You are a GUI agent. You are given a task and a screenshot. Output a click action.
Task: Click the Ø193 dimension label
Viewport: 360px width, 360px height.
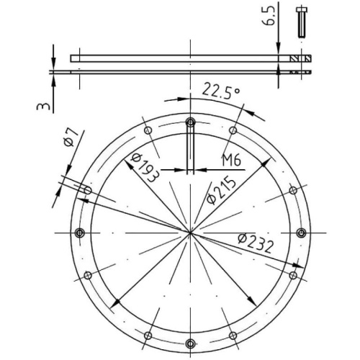pyautogui.click(x=145, y=168)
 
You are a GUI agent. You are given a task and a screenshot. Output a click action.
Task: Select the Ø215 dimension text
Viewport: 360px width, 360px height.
pyautogui.click(x=221, y=190)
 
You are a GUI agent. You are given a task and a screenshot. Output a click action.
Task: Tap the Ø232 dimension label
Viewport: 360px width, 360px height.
pyautogui.click(x=256, y=243)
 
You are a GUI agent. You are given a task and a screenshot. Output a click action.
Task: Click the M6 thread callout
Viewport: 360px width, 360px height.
pyautogui.click(x=231, y=160)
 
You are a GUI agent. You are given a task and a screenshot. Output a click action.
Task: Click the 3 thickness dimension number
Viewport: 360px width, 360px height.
pyautogui.click(x=43, y=106)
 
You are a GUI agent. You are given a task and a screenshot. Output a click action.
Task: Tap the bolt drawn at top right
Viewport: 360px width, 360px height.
pyautogui.click(x=302, y=22)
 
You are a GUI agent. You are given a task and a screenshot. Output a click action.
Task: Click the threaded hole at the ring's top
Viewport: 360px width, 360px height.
pyautogui.click(x=190, y=122)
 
